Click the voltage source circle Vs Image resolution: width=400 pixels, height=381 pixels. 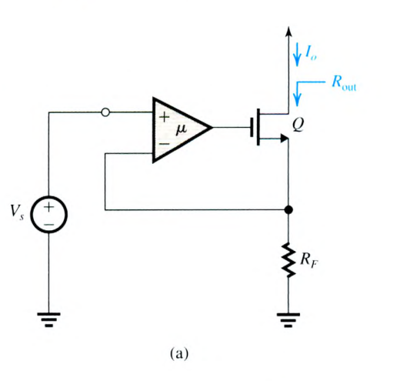coord(48,215)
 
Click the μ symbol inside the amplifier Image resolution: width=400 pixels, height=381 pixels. coord(180,128)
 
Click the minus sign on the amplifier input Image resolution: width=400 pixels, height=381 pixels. coord(163,143)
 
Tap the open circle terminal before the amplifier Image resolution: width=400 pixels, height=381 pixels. coord(105,113)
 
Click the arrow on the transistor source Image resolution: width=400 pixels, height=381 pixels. coord(283,139)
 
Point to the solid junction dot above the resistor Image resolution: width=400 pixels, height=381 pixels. coord(288,209)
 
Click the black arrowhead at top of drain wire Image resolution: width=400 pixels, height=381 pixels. coord(288,32)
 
